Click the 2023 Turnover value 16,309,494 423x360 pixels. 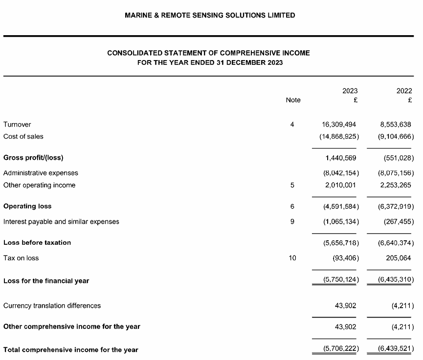coord(339,125)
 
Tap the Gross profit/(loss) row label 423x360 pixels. coord(33,158)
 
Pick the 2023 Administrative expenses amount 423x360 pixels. coord(341,173)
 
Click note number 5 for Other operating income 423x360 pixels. coord(292,185)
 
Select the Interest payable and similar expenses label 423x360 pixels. coord(61,222)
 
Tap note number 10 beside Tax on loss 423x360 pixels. coord(292,258)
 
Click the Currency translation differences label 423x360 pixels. coord(52,306)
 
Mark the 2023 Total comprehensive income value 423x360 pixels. coord(341,350)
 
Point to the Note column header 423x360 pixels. coord(293,100)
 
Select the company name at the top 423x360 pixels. coord(210,15)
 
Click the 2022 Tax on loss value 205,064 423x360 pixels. coord(398,258)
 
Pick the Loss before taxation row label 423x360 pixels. coord(37,243)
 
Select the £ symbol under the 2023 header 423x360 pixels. coord(355,100)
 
